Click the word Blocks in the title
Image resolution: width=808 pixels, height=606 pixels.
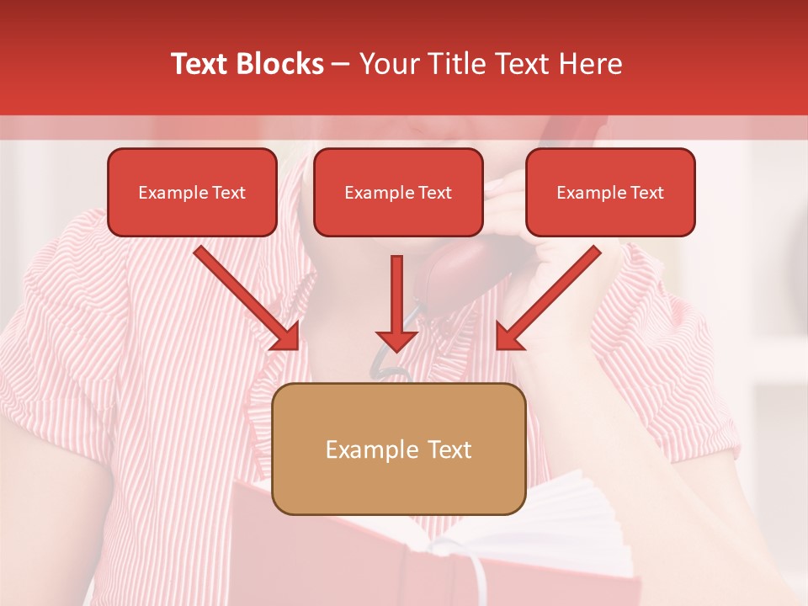[x=280, y=64]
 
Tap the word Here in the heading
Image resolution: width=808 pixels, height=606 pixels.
[x=590, y=64]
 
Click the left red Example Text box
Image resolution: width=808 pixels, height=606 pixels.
[x=192, y=193]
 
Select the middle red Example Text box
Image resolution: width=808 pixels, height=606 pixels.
[x=398, y=193]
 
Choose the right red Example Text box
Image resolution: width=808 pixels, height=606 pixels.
[x=610, y=193]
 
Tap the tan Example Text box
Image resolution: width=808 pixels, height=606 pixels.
[x=398, y=449]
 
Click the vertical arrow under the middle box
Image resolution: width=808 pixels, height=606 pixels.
[x=396, y=303]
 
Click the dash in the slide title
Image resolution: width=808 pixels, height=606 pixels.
[x=341, y=64]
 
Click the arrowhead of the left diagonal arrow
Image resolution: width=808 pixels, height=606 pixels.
[x=287, y=338]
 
